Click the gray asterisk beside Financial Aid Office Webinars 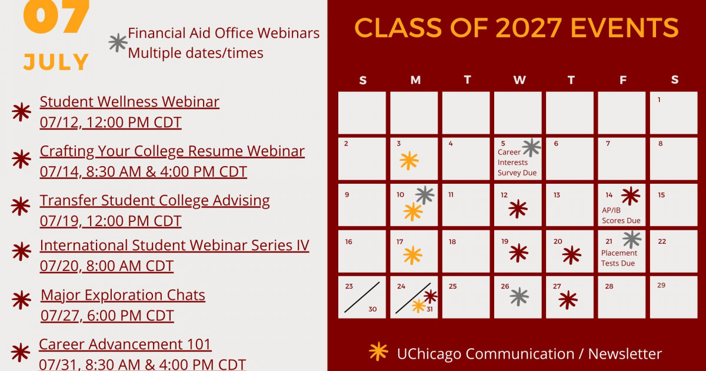[x=118, y=42]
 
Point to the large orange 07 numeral [x=56, y=16]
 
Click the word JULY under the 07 [x=56, y=61]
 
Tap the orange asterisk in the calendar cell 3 [x=409, y=161]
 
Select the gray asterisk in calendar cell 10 [x=425, y=195]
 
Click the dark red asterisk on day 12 [x=518, y=208]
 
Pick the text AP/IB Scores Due [x=621, y=215]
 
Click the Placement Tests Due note [x=619, y=258]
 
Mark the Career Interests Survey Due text [x=517, y=162]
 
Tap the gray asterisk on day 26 [x=519, y=297]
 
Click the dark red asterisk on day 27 [x=568, y=300]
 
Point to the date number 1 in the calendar [x=659, y=100]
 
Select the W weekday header [x=519, y=80]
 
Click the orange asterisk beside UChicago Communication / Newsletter [x=378, y=352]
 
